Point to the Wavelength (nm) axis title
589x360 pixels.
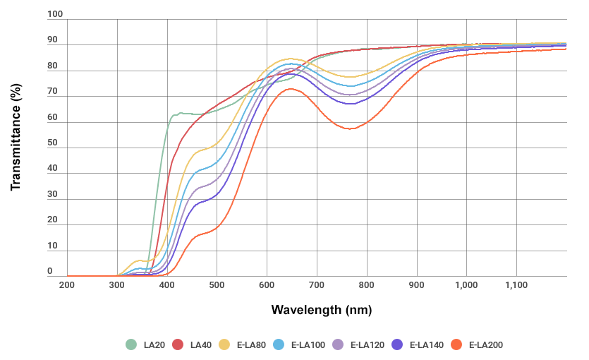[x=321, y=310]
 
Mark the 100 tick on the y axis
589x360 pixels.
[x=55, y=14]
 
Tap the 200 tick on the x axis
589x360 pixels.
[x=67, y=284]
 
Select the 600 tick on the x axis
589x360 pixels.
[x=267, y=284]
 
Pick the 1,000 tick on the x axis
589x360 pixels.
[x=466, y=284]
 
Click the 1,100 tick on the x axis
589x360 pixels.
[x=516, y=284]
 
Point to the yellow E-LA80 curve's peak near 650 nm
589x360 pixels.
[x=291, y=59]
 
